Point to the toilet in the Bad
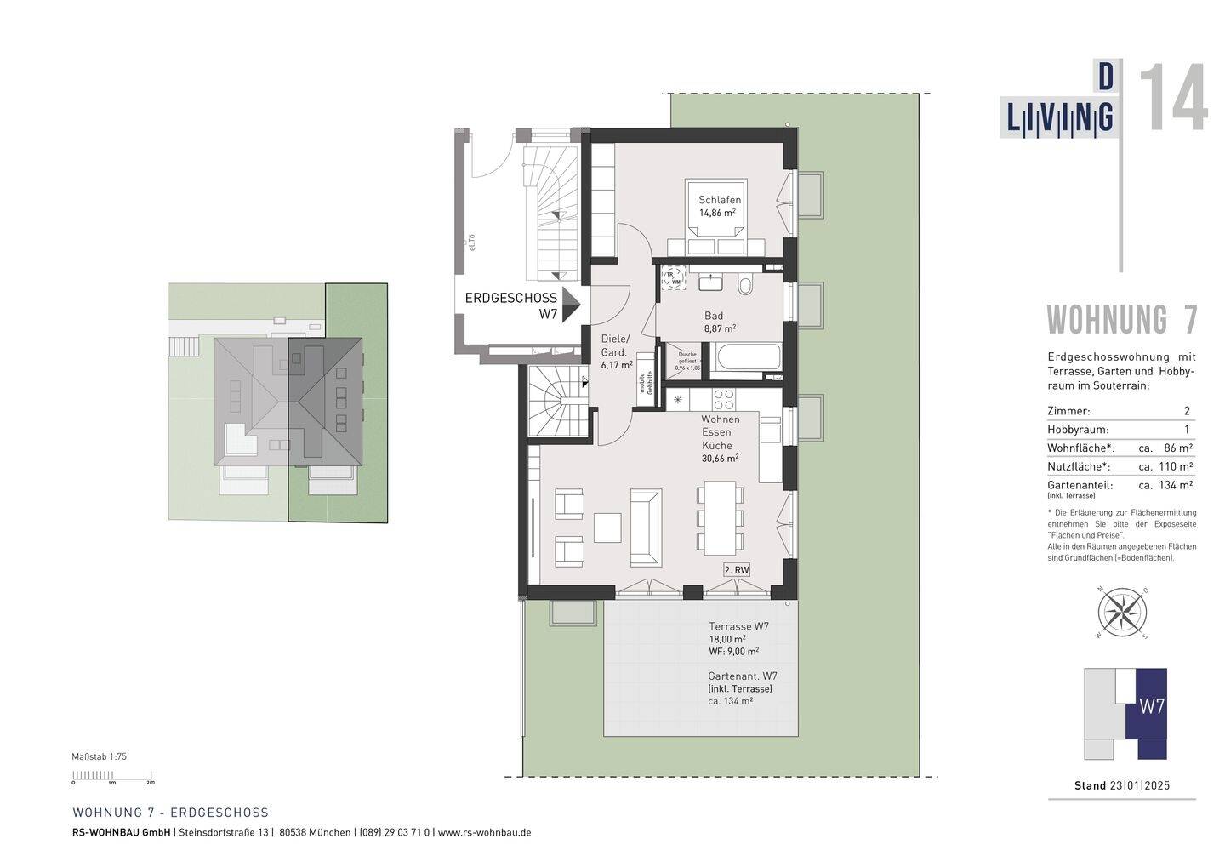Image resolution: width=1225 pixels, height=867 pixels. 746,285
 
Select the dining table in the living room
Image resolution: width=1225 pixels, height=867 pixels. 717,516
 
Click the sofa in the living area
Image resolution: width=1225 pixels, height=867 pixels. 645,528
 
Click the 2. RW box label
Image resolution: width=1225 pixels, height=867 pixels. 736,570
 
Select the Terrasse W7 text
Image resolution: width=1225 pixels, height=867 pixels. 738,627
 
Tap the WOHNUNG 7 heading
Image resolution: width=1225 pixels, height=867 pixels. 1121,320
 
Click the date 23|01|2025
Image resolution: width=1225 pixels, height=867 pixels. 1139,785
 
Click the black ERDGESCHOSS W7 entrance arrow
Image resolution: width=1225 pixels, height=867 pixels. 570,305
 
